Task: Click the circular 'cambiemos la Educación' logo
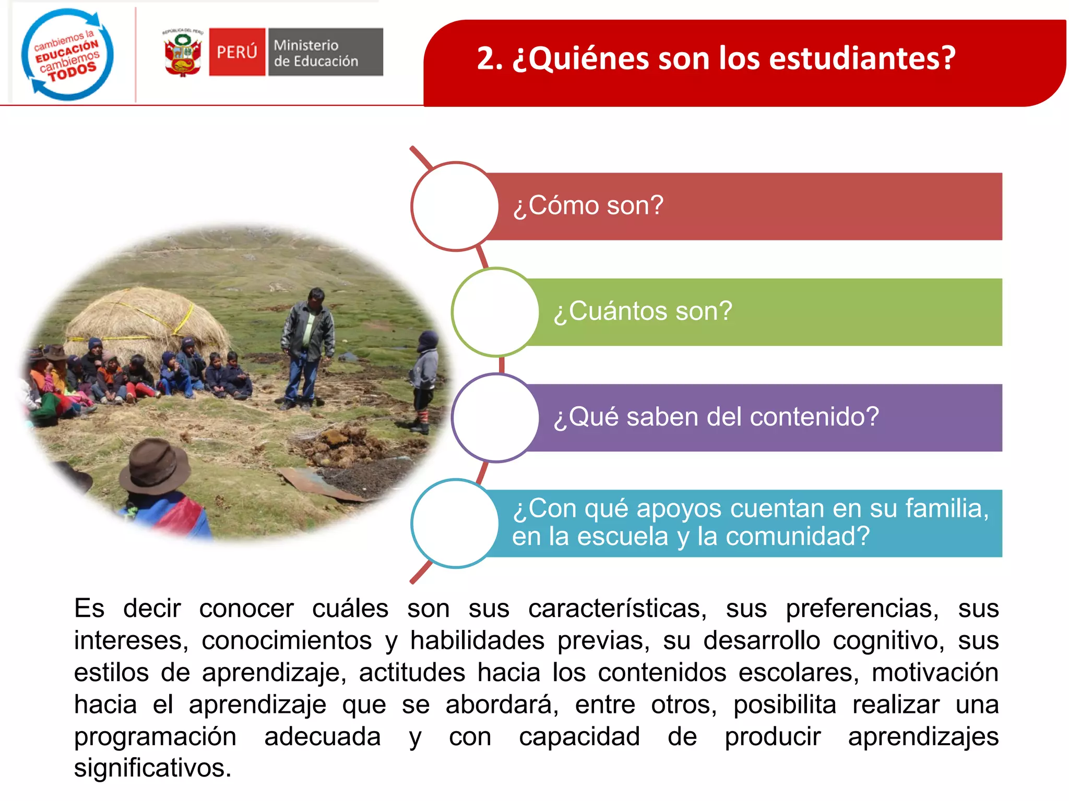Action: coord(67,54)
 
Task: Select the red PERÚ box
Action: coord(237,52)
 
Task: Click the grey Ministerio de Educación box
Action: coord(325,52)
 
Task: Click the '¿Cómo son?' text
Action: coord(588,206)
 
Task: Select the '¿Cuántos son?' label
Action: coord(643,312)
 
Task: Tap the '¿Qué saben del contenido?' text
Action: coord(716,417)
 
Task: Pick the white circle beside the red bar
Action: coord(455,207)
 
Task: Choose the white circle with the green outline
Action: coord(495,312)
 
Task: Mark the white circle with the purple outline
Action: coord(495,418)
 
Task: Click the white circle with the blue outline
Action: coord(455,523)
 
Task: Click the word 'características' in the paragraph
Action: coord(617,609)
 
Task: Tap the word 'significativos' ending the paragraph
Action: coord(152,768)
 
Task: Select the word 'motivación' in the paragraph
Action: coord(935,673)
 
